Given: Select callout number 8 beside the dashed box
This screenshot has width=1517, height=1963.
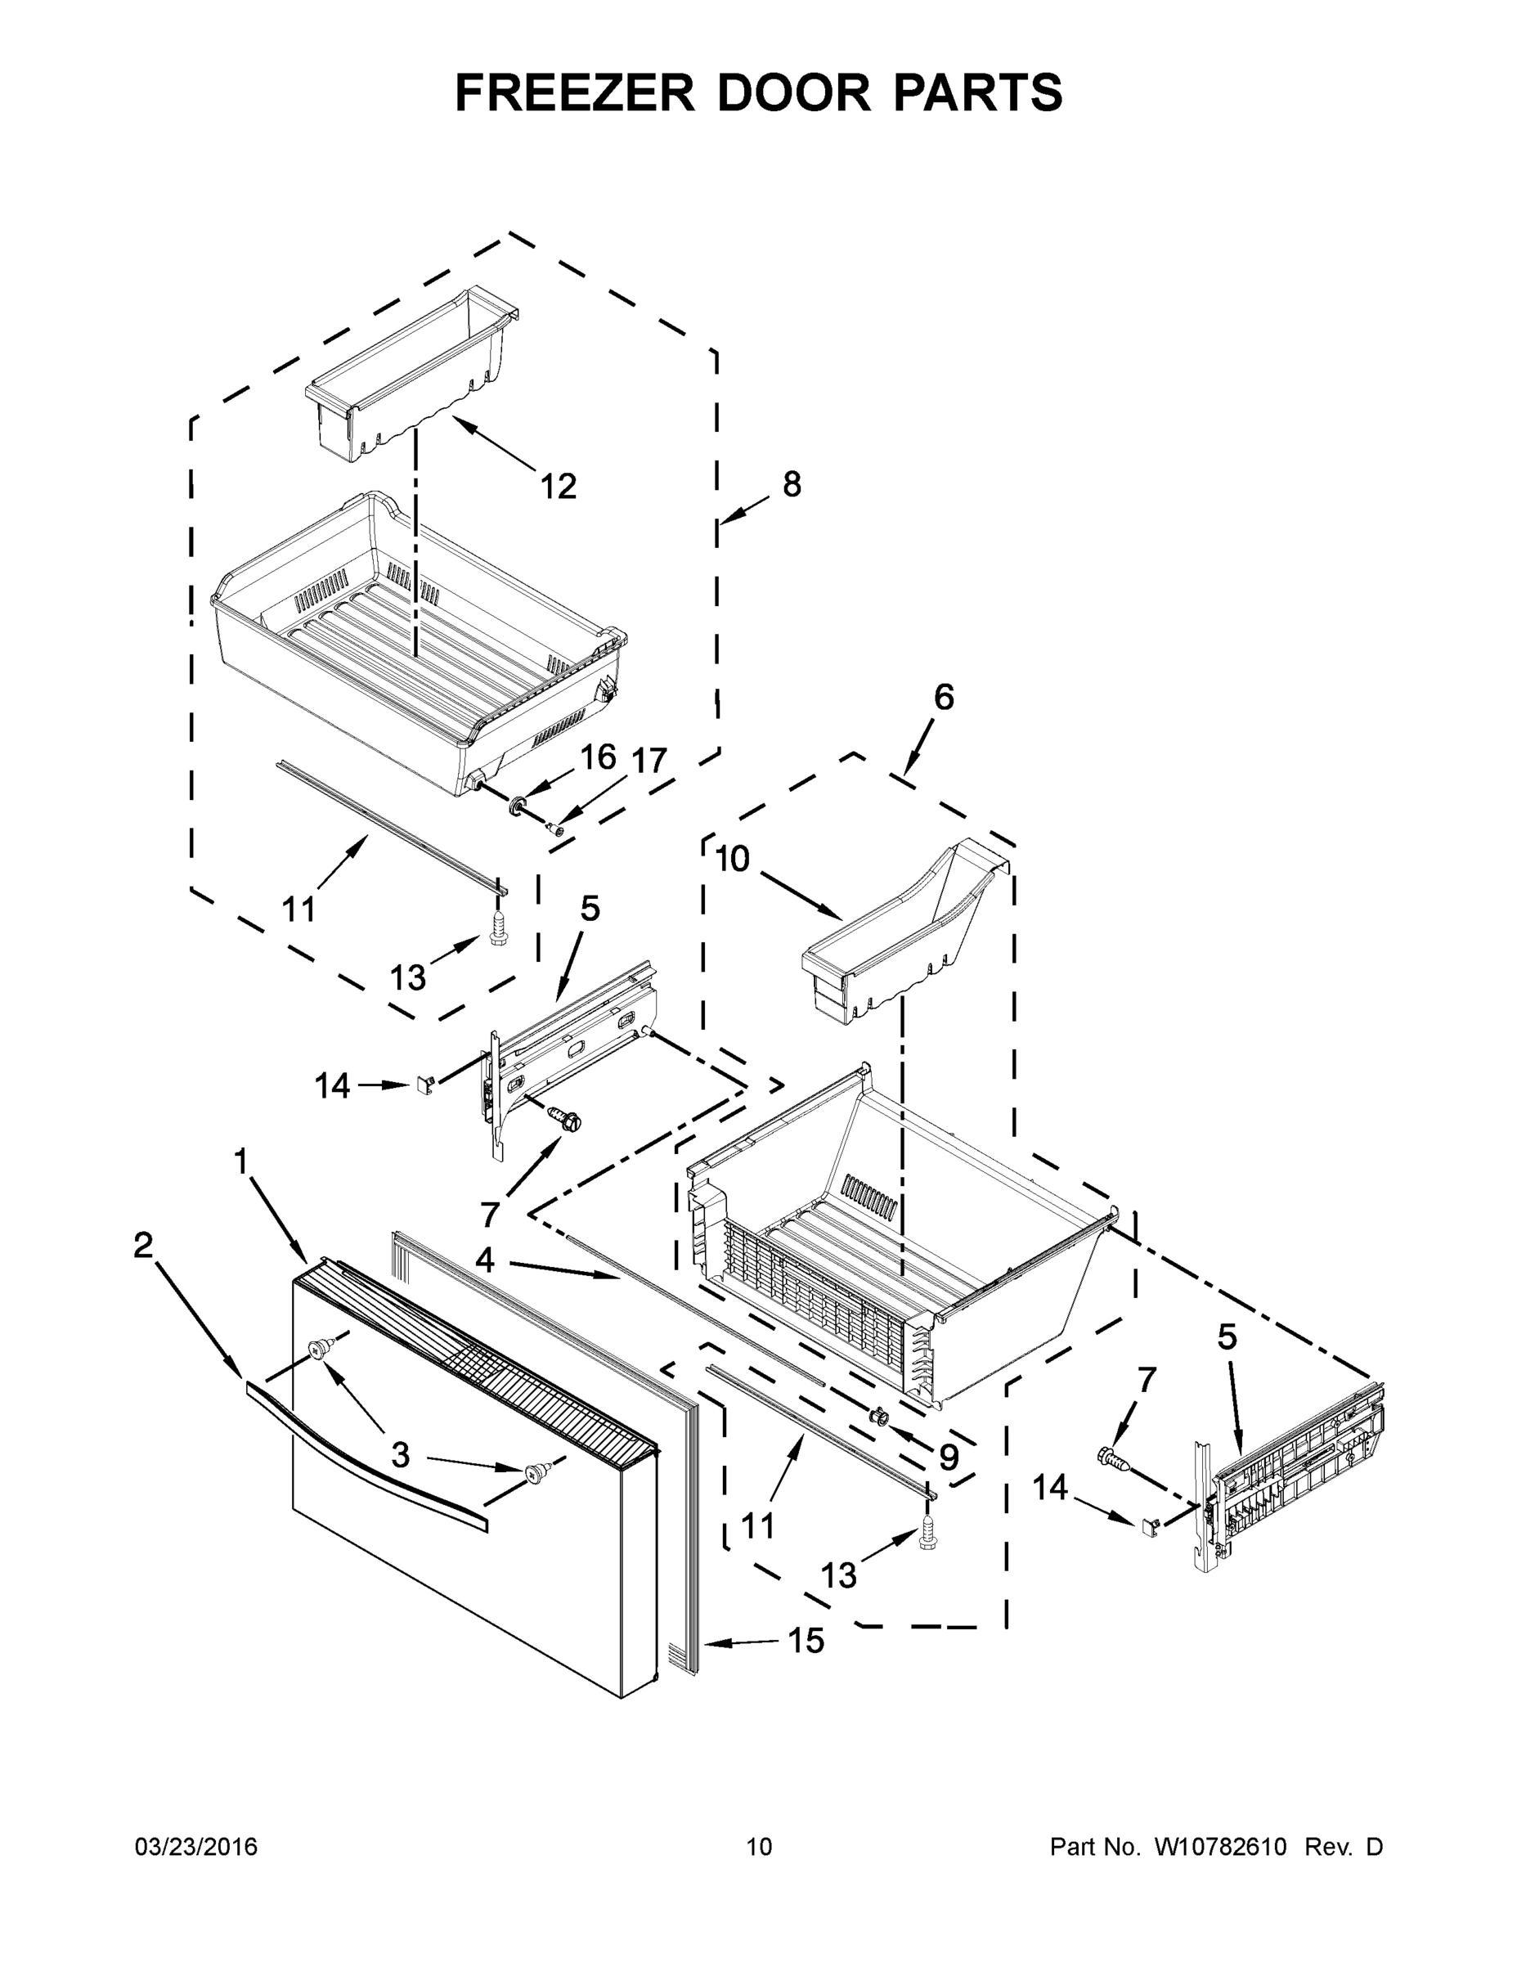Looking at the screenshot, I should [791, 484].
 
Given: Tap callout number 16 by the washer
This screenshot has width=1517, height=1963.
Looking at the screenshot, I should [598, 757].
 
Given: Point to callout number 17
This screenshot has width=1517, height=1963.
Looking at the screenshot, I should [648, 761].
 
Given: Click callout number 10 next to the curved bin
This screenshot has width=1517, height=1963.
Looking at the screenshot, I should [733, 860].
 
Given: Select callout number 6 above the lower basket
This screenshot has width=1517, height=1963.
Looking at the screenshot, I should [944, 697].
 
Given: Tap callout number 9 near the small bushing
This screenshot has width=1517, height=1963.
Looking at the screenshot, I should [948, 1457].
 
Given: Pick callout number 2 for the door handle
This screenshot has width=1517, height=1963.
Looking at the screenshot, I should [143, 1245].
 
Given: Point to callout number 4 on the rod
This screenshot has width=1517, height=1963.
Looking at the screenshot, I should [484, 1260].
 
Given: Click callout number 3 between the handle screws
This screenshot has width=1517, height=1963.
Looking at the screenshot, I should [400, 1454].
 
